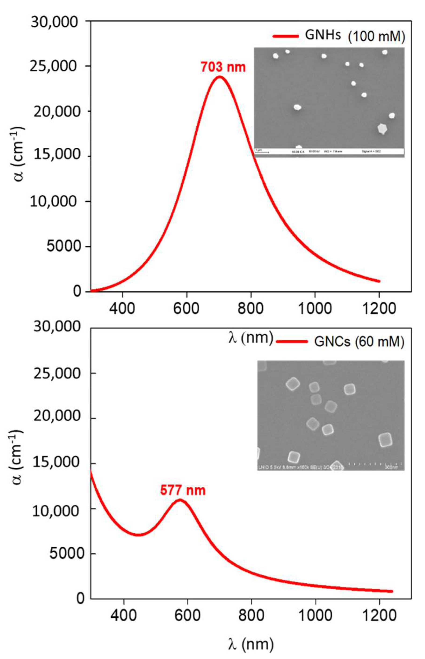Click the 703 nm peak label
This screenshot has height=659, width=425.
pos(223,67)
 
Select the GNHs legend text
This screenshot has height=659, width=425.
pos(323,35)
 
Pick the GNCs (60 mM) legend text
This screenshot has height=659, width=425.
pos(359,342)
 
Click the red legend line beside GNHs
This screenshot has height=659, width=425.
pos(286,36)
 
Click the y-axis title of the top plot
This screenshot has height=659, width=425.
pos(19,156)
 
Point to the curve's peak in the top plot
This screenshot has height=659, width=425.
pos(220,77)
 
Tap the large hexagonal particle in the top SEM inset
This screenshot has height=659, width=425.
pos(382,128)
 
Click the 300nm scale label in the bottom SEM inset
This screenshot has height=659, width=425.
pos(392,468)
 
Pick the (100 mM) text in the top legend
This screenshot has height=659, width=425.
pos(376,37)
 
